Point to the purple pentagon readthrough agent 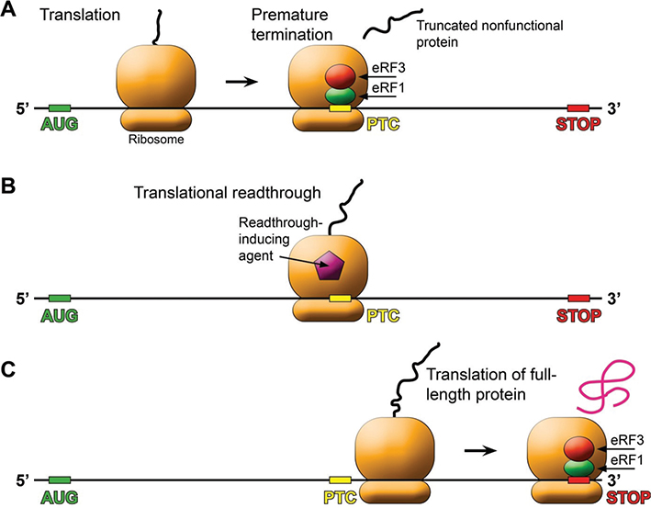pyautogui.click(x=328, y=267)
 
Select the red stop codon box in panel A pyautogui.click(x=578, y=109)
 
